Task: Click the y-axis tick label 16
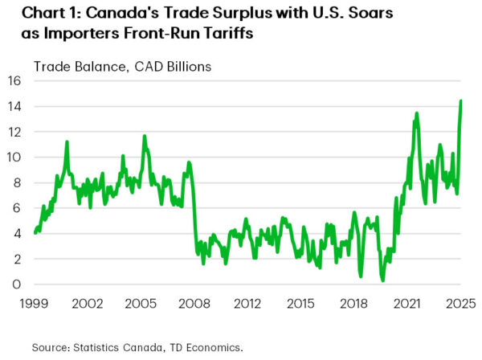click(x=15, y=80)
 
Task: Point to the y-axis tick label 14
click(x=15, y=106)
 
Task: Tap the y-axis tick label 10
click(x=15, y=157)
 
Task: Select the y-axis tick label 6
click(x=18, y=208)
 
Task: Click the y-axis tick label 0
click(x=18, y=284)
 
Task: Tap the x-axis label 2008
click(x=194, y=305)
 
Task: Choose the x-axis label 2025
click(x=460, y=305)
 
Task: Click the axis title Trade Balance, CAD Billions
click(x=122, y=67)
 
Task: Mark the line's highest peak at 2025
click(x=461, y=100)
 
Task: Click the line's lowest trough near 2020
click(x=383, y=280)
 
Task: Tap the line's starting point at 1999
click(x=35, y=233)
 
